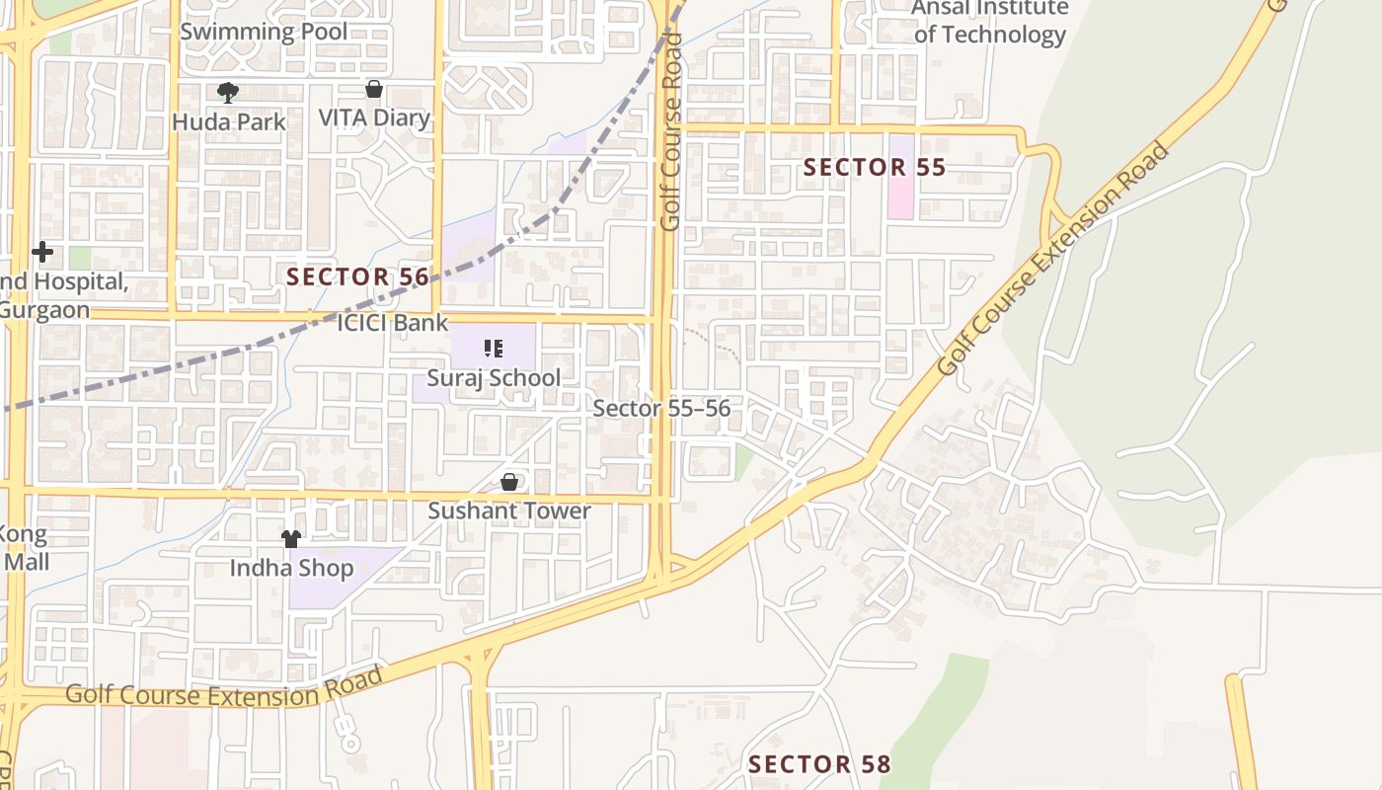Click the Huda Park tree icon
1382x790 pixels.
click(x=228, y=93)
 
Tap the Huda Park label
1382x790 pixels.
click(x=228, y=122)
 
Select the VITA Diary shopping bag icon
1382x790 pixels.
click(x=374, y=89)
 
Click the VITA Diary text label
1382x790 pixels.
click(x=374, y=118)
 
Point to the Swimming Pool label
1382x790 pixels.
click(x=264, y=32)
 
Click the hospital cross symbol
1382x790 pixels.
click(x=42, y=252)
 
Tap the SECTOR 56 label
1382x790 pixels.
click(x=357, y=276)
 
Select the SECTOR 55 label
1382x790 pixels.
click(x=874, y=168)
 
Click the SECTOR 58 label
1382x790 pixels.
click(x=819, y=764)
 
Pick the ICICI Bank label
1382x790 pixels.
click(x=393, y=323)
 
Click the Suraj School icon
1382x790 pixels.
click(x=494, y=348)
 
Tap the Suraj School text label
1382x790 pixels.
click(x=494, y=378)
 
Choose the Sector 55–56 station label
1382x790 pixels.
click(x=661, y=409)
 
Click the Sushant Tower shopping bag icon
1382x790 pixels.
click(x=509, y=482)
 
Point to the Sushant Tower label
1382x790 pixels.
click(x=509, y=512)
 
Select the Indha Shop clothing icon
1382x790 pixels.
click(x=291, y=538)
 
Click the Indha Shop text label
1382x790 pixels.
click(x=291, y=569)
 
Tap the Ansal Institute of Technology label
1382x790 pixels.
click(x=989, y=22)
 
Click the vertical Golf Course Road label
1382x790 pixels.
click(x=671, y=131)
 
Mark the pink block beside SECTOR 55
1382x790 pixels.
click(x=900, y=188)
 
